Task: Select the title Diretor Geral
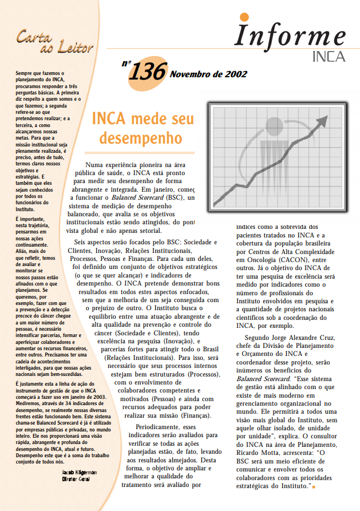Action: [77, 479]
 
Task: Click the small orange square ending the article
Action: [314, 486]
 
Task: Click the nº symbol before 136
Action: [127, 65]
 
